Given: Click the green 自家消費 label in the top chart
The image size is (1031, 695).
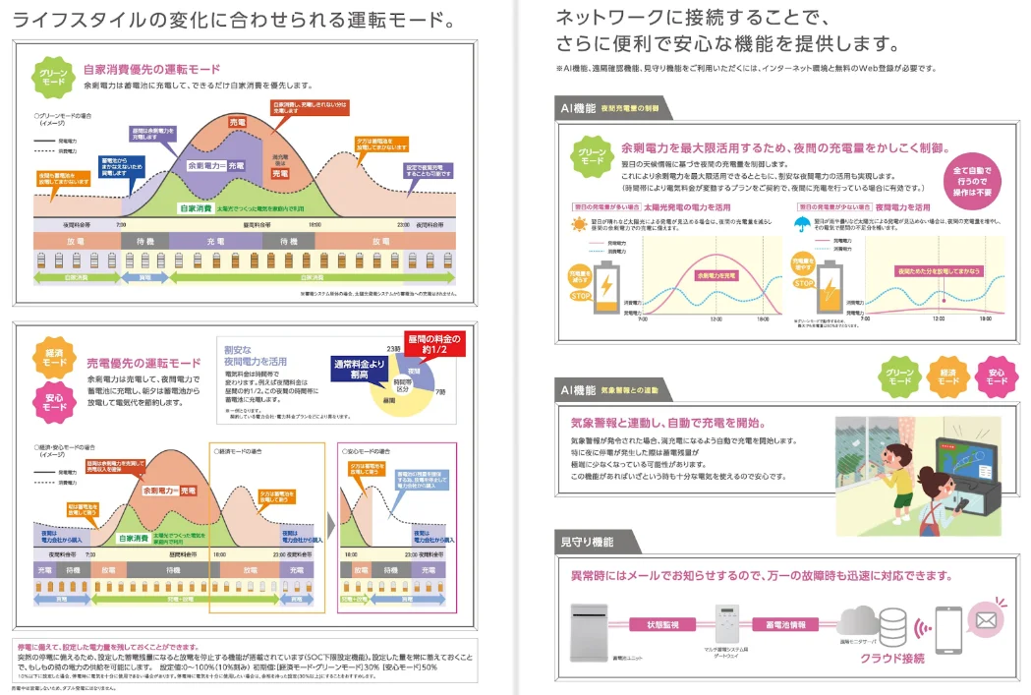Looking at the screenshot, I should (x=198, y=207).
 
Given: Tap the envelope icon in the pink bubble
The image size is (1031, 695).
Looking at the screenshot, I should (x=985, y=618).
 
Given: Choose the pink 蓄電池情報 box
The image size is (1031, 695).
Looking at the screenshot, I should (x=785, y=624).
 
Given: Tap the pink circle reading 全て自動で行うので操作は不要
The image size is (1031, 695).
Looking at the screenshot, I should (x=972, y=182).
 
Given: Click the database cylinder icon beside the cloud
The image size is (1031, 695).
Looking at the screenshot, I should (x=892, y=625).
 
